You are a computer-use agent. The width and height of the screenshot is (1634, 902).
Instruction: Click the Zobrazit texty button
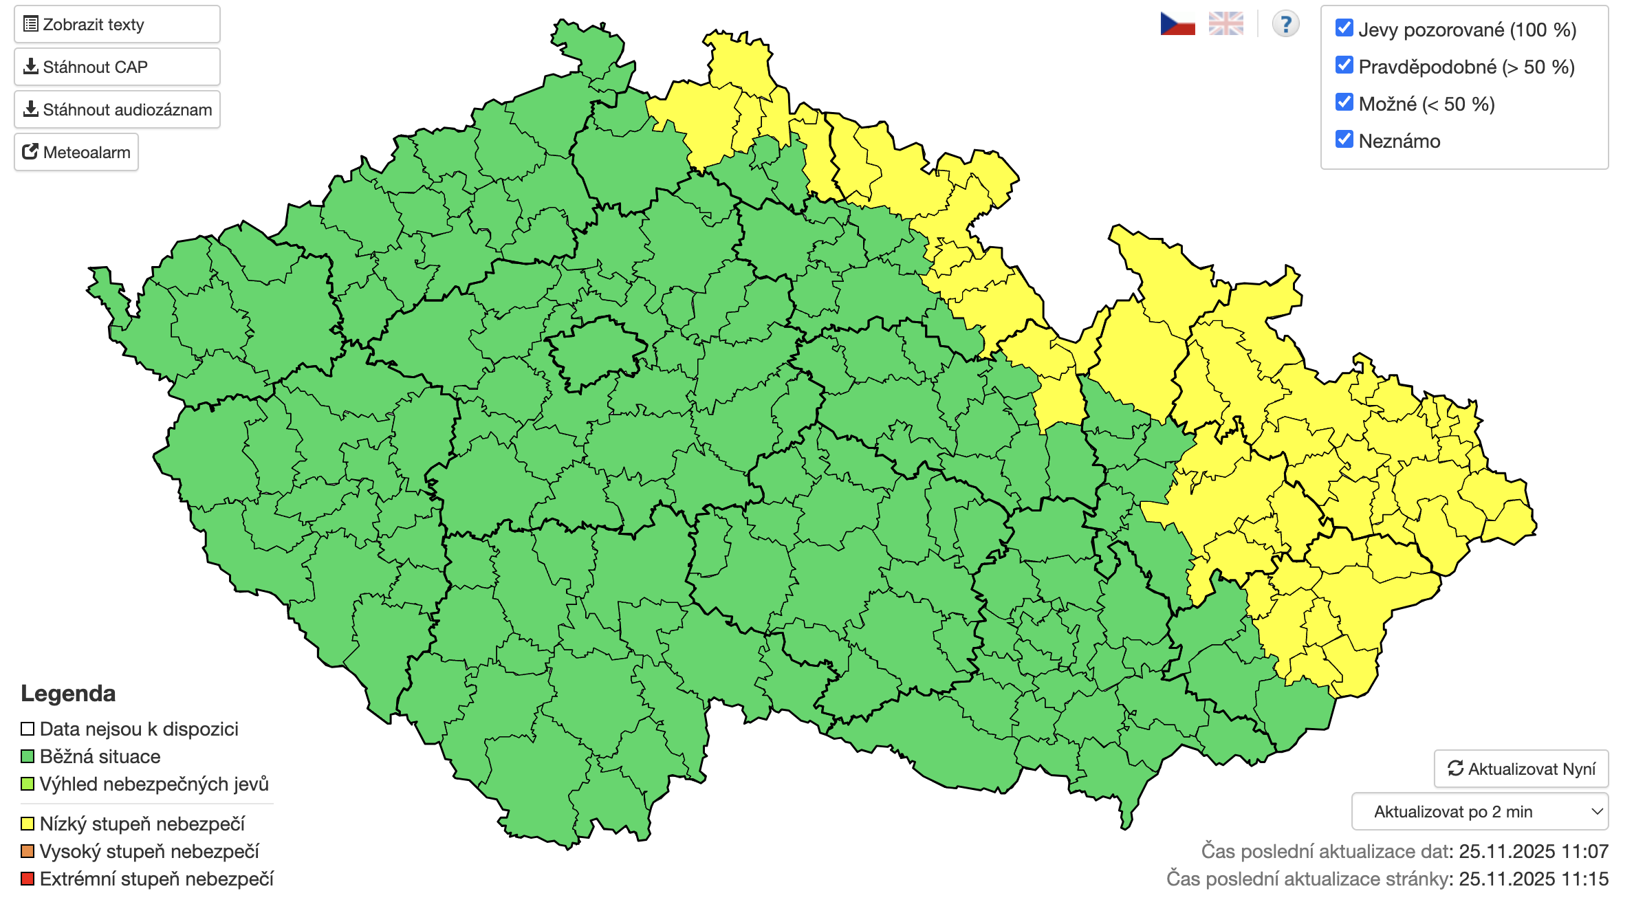pyautogui.click(x=117, y=25)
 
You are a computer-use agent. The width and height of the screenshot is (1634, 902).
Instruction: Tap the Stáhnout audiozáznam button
pyautogui.click(x=117, y=110)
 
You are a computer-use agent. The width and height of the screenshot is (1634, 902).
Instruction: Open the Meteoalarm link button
pyautogui.click(x=76, y=152)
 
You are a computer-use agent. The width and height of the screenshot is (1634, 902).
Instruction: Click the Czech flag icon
pyautogui.click(x=1177, y=24)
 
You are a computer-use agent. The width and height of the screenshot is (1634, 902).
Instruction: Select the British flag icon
pyautogui.click(x=1225, y=24)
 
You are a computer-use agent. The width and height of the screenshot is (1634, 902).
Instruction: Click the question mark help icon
pyautogui.click(x=1285, y=24)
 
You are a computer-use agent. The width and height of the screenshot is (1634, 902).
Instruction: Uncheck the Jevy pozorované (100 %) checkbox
pyautogui.click(x=1344, y=28)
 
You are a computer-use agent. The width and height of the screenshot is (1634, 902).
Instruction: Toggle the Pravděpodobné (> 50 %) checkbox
pyautogui.click(x=1344, y=65)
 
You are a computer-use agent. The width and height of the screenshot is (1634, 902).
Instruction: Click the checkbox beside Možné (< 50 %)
pyautogui.click(x=1344, y=102)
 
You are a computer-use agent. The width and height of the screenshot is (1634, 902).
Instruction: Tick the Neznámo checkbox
pyautogui.click(x=1344, y=140)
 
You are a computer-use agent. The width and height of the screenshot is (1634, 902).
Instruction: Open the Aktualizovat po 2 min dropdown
pyautogui.click(x=1479, y=812)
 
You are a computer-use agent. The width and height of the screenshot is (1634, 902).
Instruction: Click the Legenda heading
pyautogui.click(x=68, y=693)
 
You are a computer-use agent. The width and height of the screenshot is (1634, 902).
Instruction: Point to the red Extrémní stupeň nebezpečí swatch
pyautogui.click(x=28, y=879)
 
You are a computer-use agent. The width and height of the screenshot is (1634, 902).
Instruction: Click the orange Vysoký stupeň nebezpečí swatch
pyautogui.click(x=28, y=851)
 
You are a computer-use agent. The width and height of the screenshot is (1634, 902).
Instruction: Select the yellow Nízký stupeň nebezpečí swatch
pyautogui.click(x=28, y=824)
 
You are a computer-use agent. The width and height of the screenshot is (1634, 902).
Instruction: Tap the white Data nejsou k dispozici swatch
pyautogui.click(x=28, y=729)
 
